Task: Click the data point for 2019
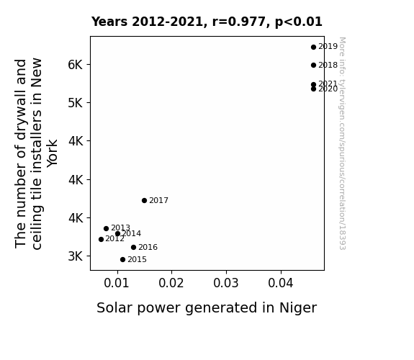coord(313,48)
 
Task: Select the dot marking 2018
coord(313,66)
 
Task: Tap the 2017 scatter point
coord(144,200)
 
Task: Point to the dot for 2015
coord(122,260)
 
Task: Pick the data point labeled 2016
coord(133,248)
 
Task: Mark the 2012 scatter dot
coord(101,239)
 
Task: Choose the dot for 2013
coord(106,228)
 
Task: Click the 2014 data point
coord(117,234)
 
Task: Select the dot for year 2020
coord(313,89)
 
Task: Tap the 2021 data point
coord(313,84)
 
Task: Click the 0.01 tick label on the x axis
coord(117,283)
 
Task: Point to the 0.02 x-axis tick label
coord(171,283)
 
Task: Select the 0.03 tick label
coord(226,283)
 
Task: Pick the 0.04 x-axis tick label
coord(280,283)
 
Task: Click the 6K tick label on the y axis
coord(76,65)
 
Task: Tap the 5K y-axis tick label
coord(76,103)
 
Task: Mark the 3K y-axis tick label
coord(76,256)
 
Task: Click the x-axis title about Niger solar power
coord(207,308)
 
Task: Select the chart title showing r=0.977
coord(207,22)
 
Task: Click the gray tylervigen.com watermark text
coord(342,143)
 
